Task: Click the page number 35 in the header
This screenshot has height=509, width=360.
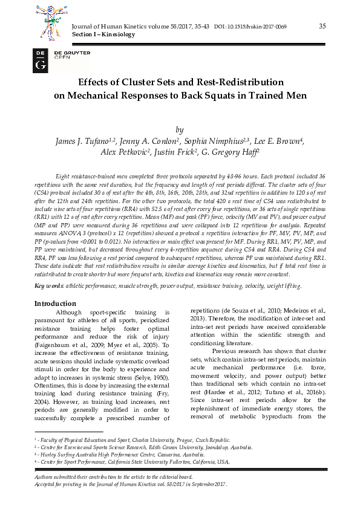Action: (x=322, y=25)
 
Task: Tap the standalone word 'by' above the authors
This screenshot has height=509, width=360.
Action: (x=179, y=129)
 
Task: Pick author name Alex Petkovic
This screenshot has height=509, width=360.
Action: (x=123, y=152)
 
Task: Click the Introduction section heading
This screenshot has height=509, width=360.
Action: (x=55, y=303)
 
